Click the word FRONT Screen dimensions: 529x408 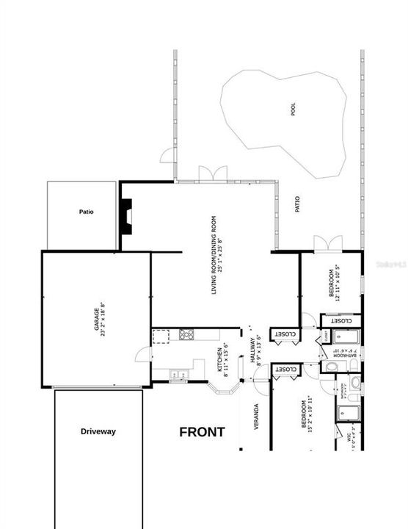[202, 433]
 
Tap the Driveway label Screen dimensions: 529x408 [98, 431]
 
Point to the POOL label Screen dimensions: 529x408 [294, 110]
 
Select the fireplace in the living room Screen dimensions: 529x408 [126, 216]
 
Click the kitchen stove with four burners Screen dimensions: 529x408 [186, 336]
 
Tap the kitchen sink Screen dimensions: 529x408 [179, 375]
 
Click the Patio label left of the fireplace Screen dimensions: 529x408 [87, 212]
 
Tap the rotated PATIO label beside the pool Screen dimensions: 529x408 [298, 204]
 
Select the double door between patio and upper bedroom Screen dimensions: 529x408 [324, 243]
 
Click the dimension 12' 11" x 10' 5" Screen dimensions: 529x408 [339, 284]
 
